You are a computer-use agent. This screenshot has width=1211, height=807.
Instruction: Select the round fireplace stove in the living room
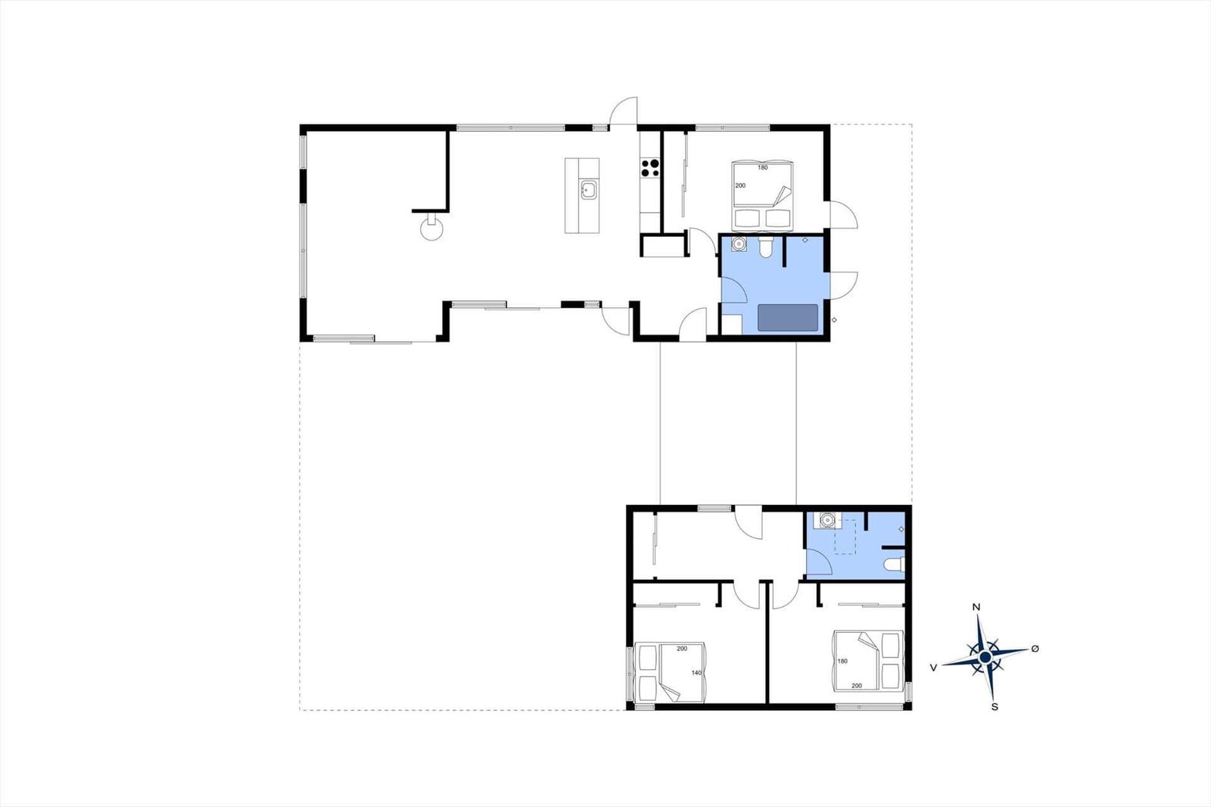coord(431,227)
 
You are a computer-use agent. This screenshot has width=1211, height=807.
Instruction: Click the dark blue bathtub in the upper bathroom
coord(788,317)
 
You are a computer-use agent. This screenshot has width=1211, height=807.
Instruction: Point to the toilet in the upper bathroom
coord(765,247)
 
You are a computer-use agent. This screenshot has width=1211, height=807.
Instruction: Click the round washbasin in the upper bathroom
coord(739,244)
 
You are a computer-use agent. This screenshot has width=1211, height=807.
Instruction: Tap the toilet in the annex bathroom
coord(894,565)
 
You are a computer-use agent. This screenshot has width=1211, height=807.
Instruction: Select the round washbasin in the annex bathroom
coord(827,520)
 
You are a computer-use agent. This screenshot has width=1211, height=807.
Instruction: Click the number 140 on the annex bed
coord(696,673)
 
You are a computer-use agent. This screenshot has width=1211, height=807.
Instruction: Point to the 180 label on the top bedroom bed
coord(762,167)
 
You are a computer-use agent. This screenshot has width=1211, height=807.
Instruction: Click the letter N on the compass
coord(976,607)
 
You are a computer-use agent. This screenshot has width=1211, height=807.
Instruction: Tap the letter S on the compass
coord(995,707)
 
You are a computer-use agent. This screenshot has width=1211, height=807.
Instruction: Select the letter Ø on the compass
coord(1035,649)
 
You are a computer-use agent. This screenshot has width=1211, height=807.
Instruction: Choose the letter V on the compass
coord(933,668)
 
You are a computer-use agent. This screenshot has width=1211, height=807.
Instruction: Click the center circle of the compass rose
coord(985,656)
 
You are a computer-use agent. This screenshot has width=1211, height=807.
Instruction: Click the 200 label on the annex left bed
coord(682,649)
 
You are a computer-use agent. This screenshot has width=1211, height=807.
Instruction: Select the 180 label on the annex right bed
coord(842,661)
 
